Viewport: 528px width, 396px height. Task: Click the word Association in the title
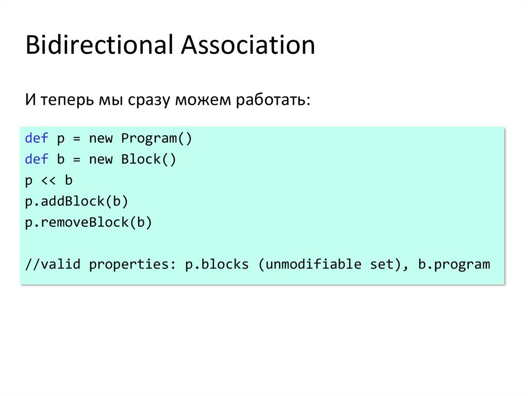[x=247, y=45]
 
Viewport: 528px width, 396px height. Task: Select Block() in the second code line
[x=148, y=160]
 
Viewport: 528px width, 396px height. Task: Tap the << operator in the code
[x=49, y=181]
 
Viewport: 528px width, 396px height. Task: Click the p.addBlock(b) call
[x=76, y=201]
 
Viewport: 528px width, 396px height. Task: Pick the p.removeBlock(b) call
[x=88, y=223]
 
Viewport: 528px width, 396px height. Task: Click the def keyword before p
[x=37, y=138]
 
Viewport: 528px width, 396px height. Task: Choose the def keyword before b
[x=37, y=160]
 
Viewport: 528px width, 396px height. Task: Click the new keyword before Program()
[x=101, y=138]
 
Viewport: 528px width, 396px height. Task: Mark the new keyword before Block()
[x=101, y=160]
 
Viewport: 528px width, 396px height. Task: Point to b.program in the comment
[x=453, y=265]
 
